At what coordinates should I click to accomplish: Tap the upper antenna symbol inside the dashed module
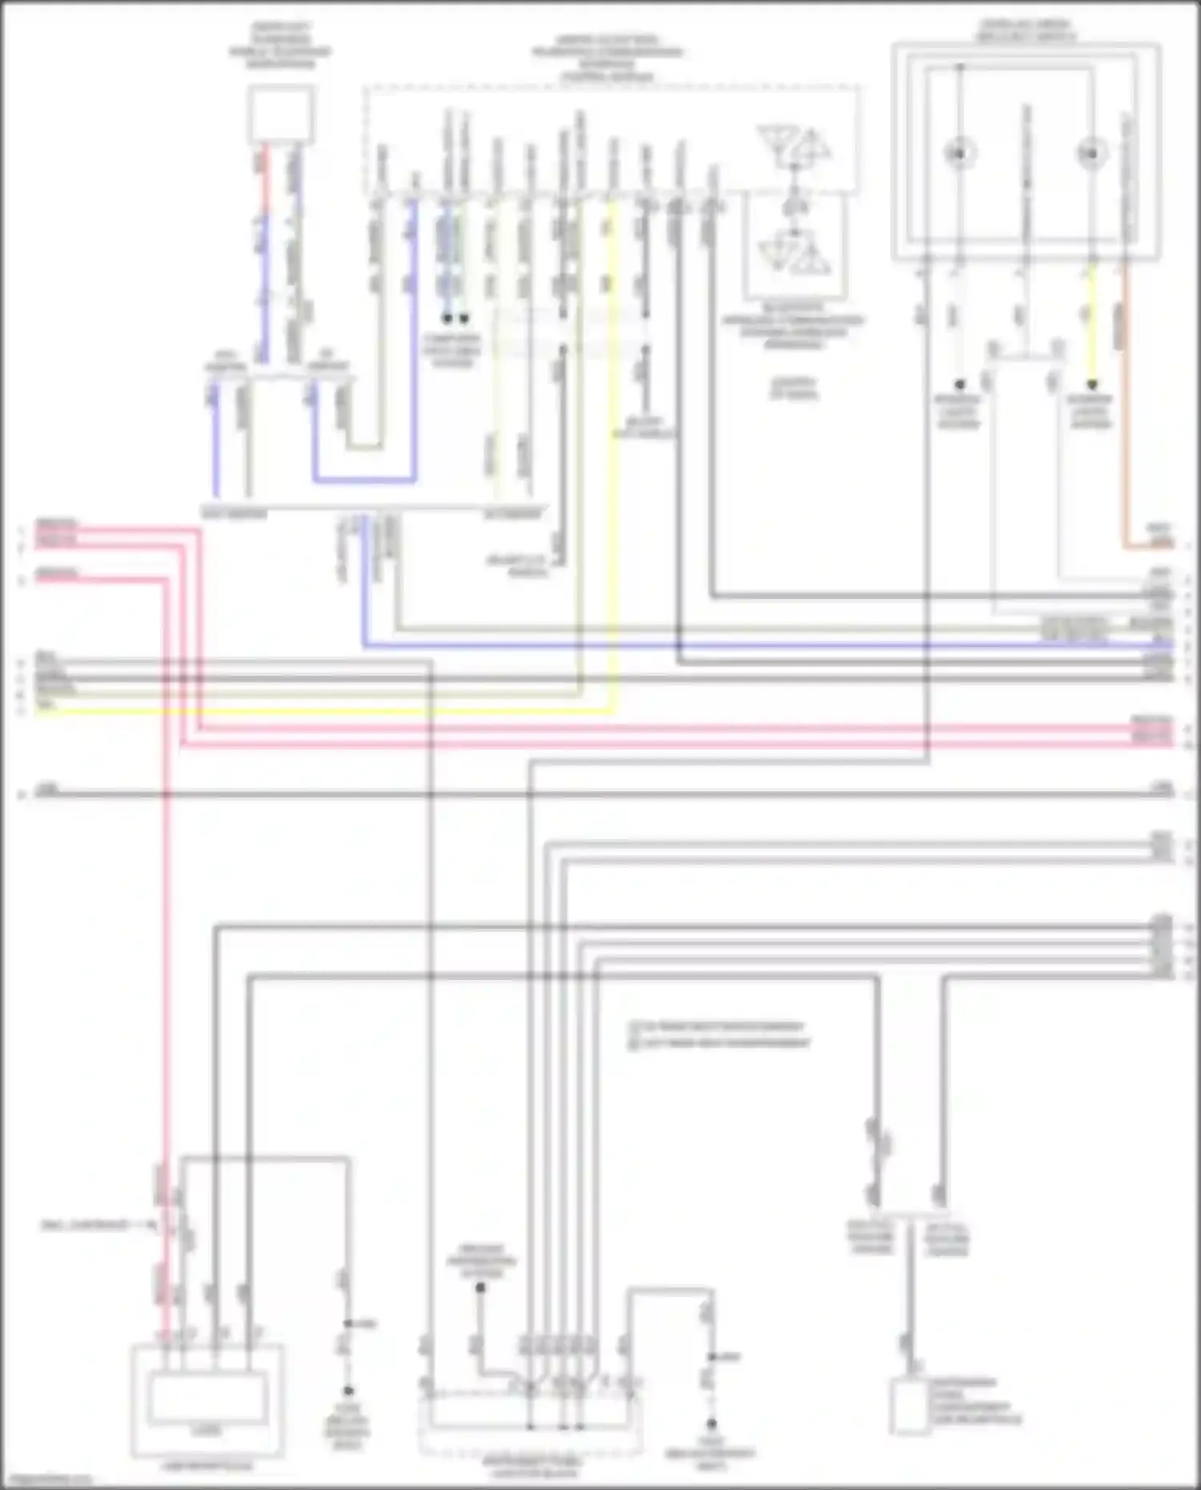[x=794, y=147]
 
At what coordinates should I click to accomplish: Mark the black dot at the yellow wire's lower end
[x=1091, y=385]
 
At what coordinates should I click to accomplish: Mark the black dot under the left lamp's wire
[x=959, y=385]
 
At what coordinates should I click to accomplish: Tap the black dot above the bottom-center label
[x=480, y=1288]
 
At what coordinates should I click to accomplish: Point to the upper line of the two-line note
[x=717, y=1026]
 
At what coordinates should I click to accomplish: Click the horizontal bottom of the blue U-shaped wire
[x=364, y=480]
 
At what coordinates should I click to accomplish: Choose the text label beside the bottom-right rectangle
[x=975, y=1401]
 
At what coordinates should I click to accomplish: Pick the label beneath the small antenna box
[x=793, y=326]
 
